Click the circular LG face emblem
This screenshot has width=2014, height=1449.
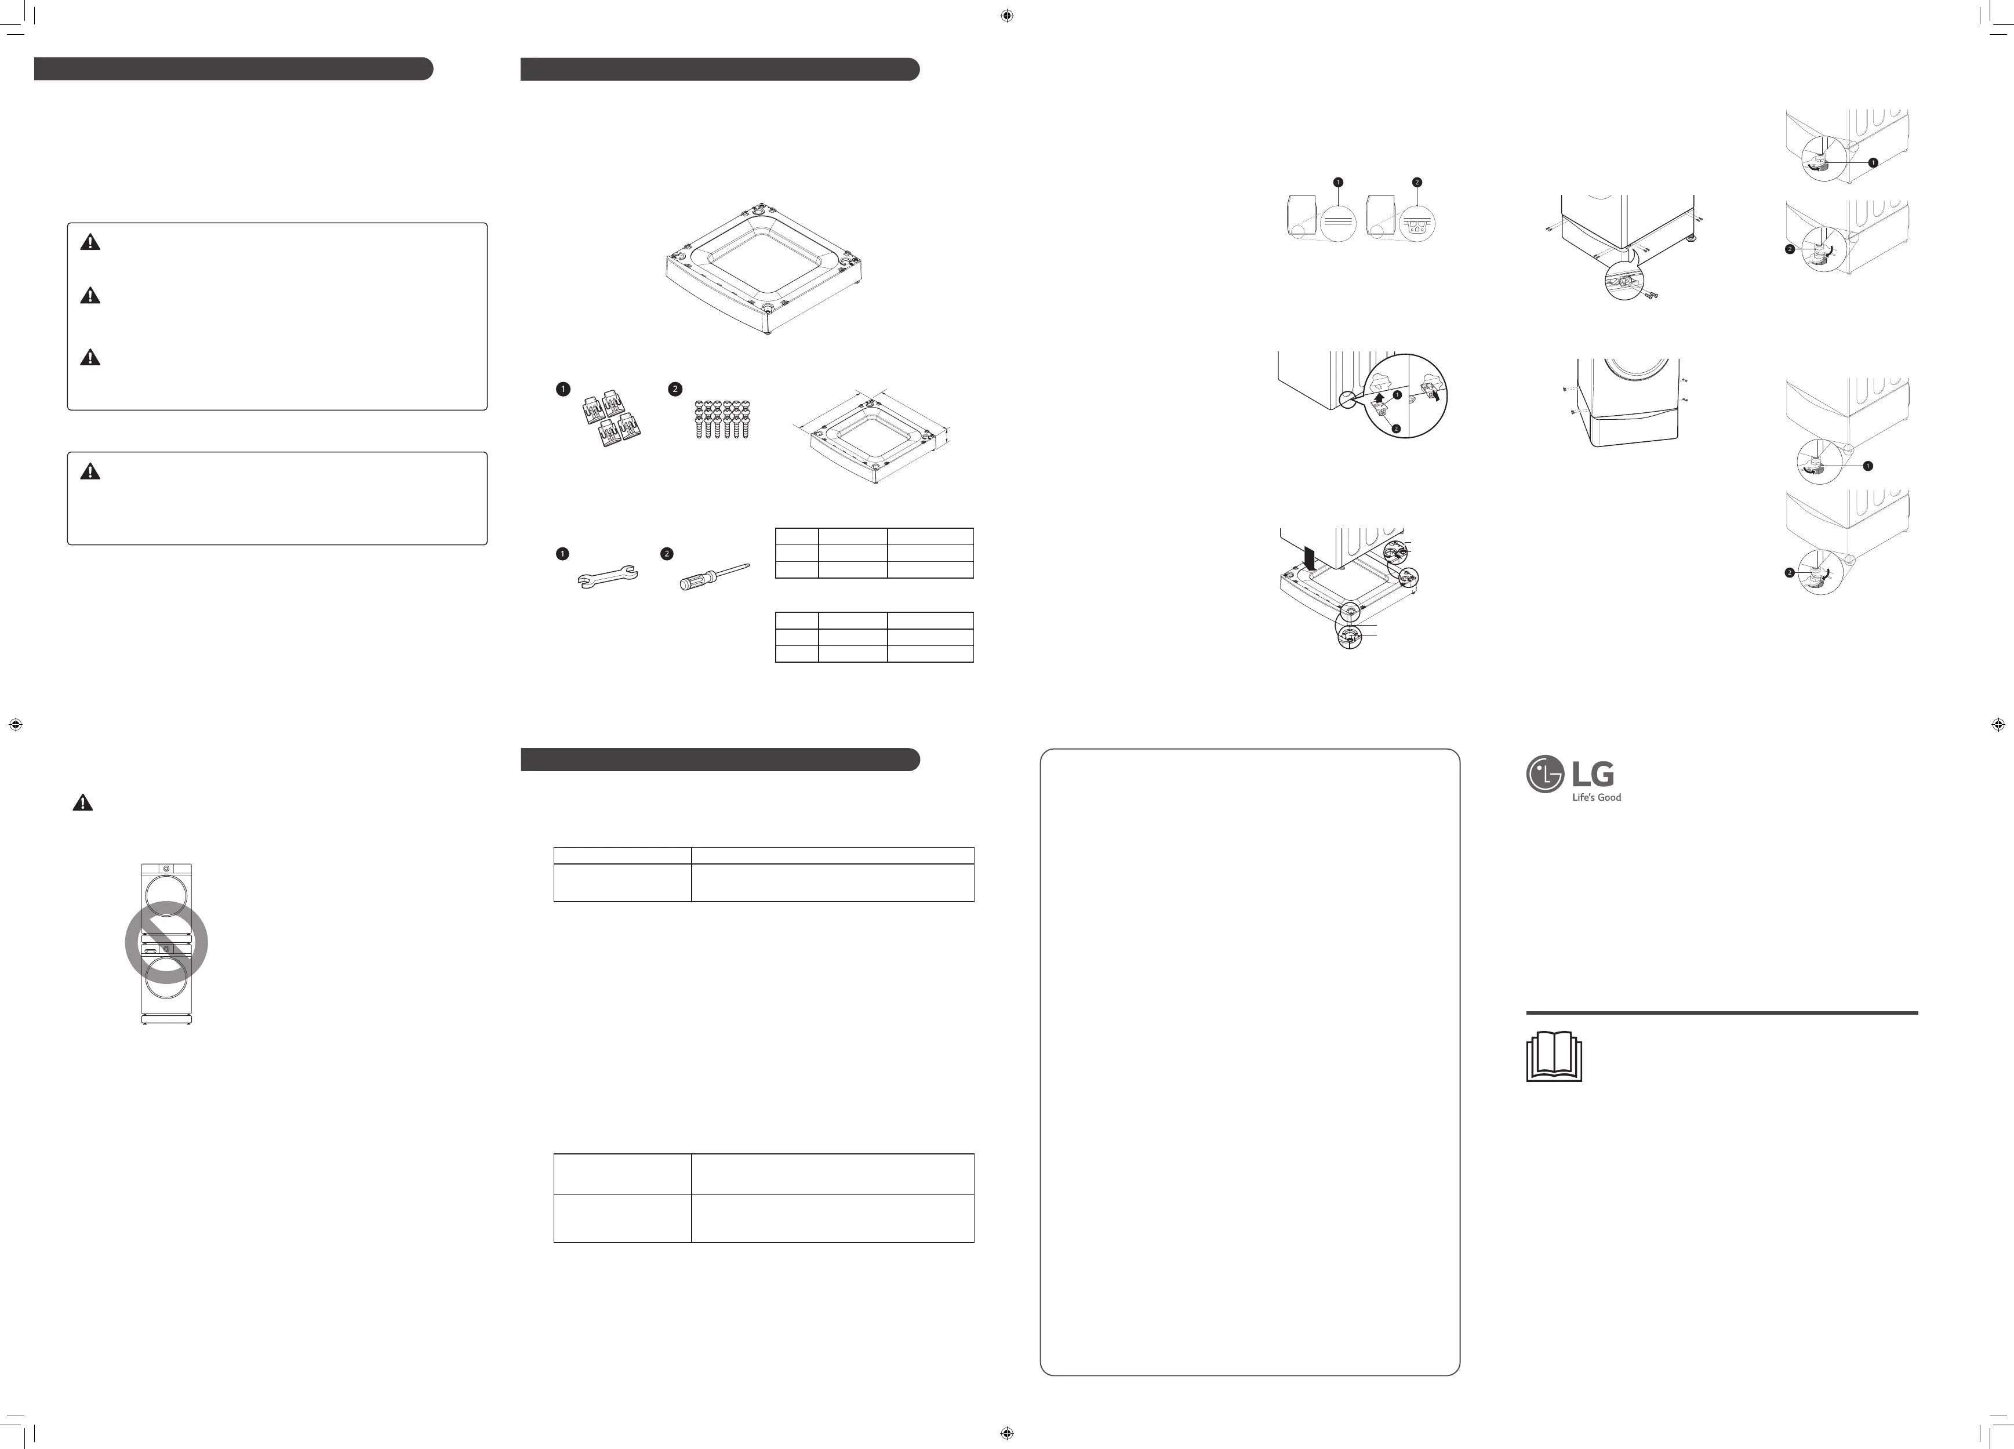[x=1544, y=774]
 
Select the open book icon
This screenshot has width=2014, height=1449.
[x=1553, y=1056]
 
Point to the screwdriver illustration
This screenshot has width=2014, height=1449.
[x=714, y=576]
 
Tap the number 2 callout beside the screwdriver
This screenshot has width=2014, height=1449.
[x=667, y=554]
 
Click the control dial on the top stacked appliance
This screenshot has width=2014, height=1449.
[x=166, y=867]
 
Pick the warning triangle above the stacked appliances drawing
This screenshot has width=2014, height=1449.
[x=82, y=803]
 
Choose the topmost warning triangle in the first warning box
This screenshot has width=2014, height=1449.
[x=90, y=242]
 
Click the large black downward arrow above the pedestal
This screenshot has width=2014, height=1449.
[x=1309, y=558]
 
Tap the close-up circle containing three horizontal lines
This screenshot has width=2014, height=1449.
[x=1338, y=222]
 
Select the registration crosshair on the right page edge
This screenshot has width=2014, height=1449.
[x=1998, y=725]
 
